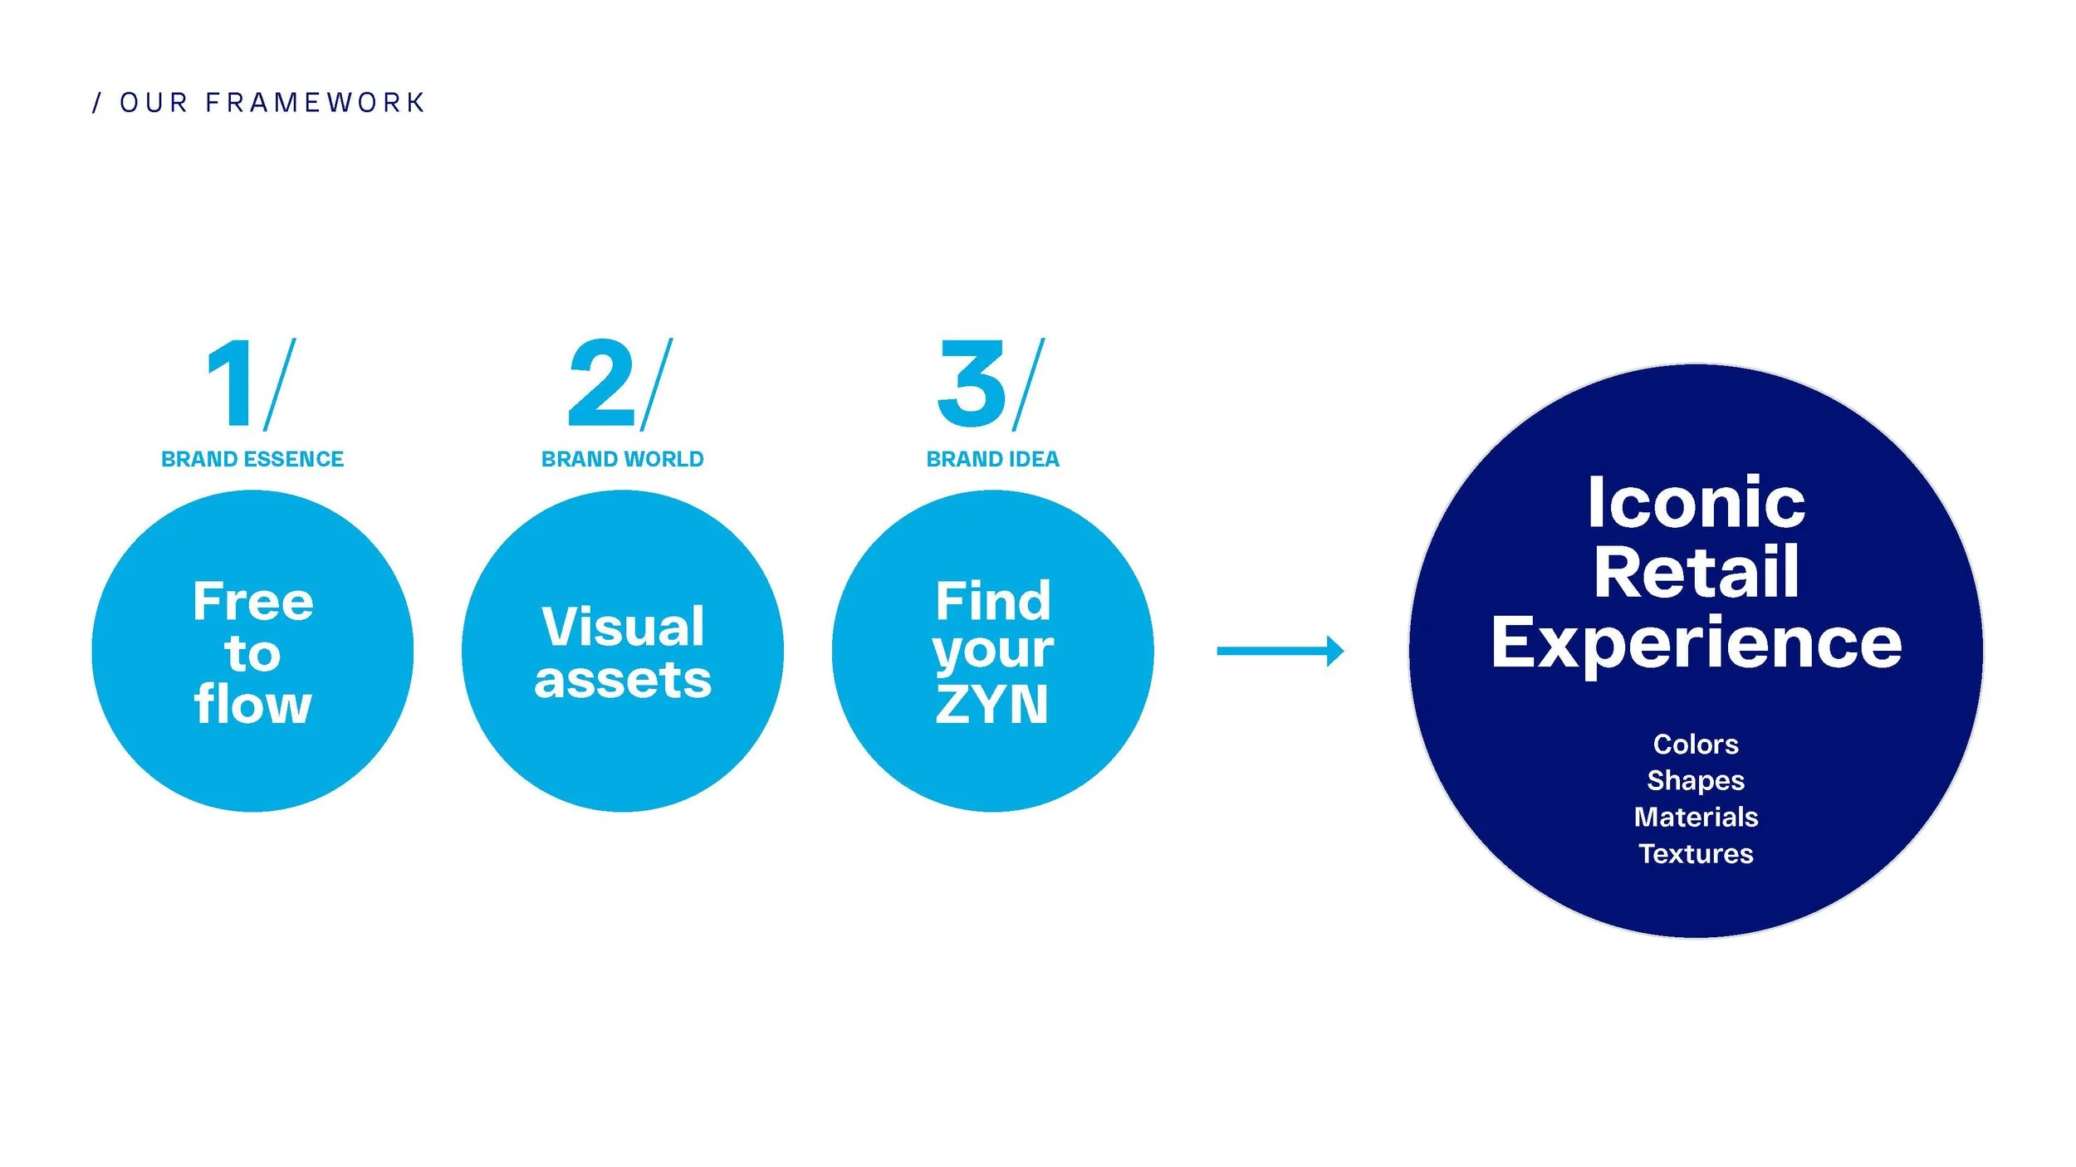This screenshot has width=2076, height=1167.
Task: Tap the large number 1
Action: click(231, 384)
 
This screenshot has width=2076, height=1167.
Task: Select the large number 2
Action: click(601, 384)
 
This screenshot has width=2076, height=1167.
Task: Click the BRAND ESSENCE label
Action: click(252, 459)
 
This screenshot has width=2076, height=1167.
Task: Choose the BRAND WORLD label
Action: click(622, 459)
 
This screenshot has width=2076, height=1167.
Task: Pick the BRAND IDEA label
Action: click(992, 459)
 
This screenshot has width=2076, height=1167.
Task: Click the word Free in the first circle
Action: click(252, 601)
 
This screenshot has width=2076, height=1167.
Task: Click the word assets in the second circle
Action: click(623, 681)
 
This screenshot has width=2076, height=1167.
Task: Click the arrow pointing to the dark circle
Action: click(1279, 651)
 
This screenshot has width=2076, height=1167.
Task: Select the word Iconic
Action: click(1696, 502)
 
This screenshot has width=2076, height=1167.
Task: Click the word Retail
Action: click(1696, 572)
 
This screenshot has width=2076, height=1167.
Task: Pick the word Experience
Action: click(1696, 642)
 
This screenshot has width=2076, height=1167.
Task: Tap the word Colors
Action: click(1696, 744)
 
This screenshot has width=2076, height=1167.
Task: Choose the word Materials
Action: click(1696, 817)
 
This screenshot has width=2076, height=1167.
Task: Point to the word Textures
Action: click(1696, 853)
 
